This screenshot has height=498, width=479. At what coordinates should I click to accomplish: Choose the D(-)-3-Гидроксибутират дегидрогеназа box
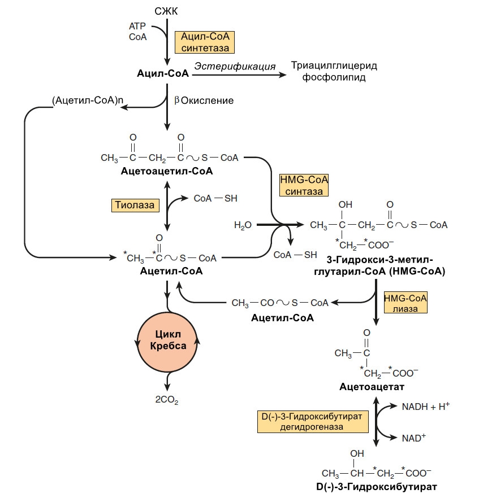[x=310, y=422]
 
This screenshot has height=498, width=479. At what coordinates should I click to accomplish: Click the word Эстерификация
[x=235, y=66]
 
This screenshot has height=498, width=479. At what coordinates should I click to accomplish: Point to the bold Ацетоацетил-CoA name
[x=166, y=171]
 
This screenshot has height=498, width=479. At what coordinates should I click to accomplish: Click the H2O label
[x=242, y=225]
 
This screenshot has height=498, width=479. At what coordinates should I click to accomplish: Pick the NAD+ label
[x=413, y=438]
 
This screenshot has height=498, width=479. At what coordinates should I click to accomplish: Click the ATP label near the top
[x=137, y=27]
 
